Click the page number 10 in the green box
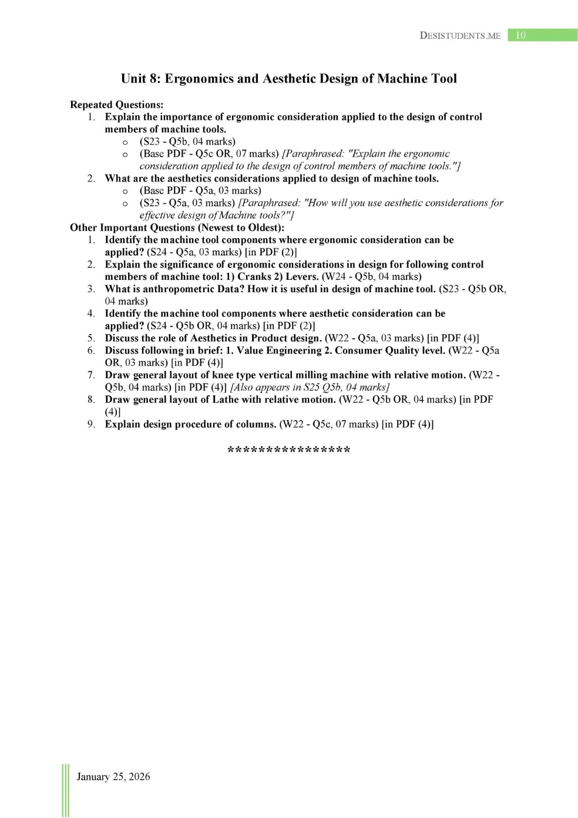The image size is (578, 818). point(520,35)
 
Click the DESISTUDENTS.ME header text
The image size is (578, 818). point(460,35)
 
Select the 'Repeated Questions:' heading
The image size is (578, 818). point(116,105)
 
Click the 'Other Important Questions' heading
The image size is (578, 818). point(177,228)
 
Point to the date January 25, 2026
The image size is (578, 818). point(113,776)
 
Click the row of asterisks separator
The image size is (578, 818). point(288,450)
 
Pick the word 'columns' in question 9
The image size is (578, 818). point(254,424)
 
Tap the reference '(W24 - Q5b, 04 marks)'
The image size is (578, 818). point(371,276)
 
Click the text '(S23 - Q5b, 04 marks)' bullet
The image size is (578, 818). point(187,142)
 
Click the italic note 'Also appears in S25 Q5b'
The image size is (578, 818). point(310,388)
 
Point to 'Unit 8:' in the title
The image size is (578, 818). point(140,79)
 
